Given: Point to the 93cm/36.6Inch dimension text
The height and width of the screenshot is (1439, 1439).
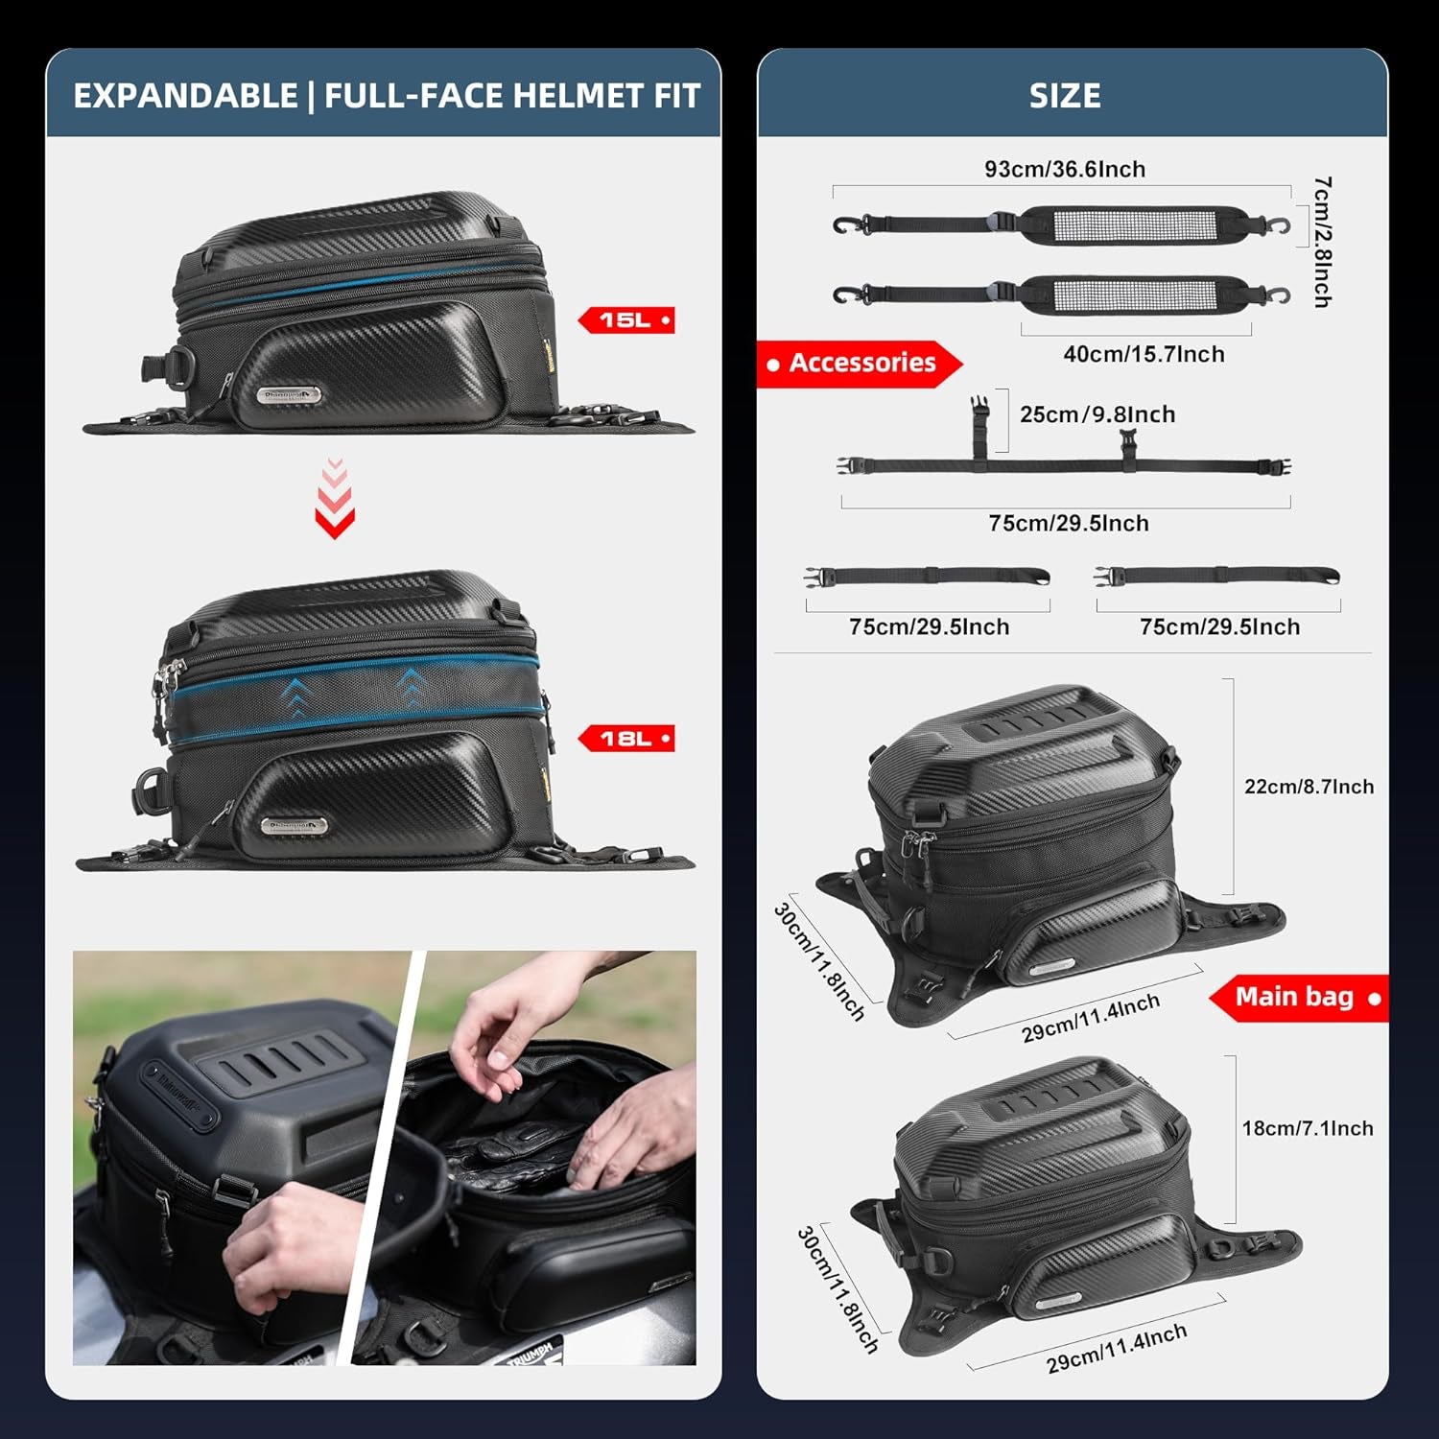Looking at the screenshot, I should coord(1065,169).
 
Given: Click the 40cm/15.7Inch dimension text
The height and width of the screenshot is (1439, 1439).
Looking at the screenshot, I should coord(1144,354).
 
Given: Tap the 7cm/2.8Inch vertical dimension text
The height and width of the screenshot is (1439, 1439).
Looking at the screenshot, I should coord(1322,242).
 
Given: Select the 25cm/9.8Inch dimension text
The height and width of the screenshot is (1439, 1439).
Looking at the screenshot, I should coord(1097,414).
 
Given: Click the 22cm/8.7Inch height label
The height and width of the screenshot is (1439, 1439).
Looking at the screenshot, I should coord(1309,787).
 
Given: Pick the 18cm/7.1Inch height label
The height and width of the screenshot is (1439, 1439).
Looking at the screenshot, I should coord(1308,1128).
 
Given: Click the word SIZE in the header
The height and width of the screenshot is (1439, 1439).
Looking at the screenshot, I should coord(1065,96).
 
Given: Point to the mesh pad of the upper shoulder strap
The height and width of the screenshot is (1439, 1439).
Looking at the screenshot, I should coord(1129,225).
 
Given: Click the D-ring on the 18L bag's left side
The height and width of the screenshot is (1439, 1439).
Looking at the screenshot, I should coord(150,788).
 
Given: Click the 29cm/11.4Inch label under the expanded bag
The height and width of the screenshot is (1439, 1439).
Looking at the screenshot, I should coord(1090,1018).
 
